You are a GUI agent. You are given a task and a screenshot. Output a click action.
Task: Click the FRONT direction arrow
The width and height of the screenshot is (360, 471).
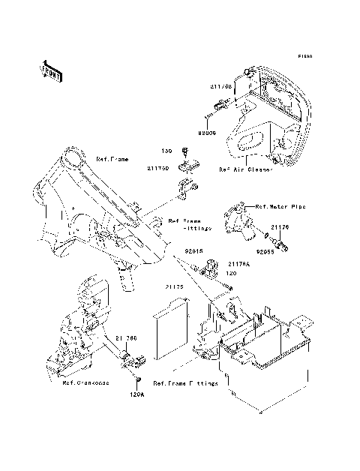tap(51, 71)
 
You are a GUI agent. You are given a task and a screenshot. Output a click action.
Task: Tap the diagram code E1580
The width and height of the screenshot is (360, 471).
tap(304, 56)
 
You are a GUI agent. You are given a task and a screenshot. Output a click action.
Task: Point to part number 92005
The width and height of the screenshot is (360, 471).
tap(207, 133)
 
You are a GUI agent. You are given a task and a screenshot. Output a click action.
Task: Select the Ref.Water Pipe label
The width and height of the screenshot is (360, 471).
tap(280, 206)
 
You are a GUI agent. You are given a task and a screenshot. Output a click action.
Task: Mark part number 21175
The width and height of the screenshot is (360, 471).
tap(174, 286)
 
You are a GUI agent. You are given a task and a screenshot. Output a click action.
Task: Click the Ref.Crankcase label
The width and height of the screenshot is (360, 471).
tap(85, 382)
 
